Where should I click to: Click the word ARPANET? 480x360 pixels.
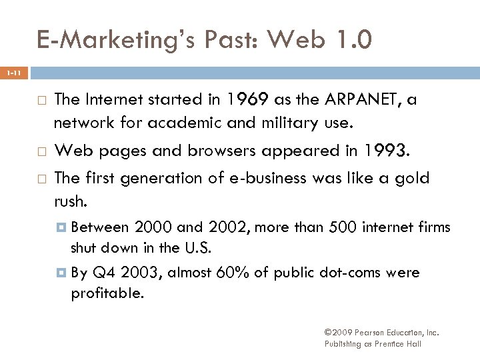359,100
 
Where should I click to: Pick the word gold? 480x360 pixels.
414,178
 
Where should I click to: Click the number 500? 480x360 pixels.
343,228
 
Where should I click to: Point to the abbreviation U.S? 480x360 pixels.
199,248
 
